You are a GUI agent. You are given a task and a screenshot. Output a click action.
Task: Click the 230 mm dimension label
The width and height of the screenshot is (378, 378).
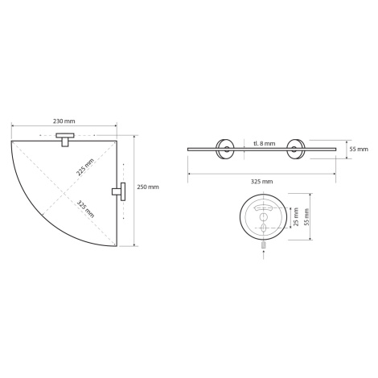(64, 121)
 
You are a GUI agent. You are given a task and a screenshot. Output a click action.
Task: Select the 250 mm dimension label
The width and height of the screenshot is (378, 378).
(148, 187)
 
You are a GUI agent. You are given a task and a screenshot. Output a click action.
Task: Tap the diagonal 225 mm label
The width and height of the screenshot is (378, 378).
(85, 167)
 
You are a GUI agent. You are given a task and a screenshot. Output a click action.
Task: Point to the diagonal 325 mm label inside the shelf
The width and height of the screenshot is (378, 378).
(86, 208)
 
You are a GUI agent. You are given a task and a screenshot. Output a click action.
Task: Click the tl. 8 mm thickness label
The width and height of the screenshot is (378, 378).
(264, 143)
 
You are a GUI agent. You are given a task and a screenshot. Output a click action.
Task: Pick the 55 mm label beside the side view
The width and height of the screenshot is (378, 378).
(359, 149)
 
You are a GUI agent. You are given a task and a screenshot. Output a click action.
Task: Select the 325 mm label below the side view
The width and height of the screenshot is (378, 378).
(261, 182)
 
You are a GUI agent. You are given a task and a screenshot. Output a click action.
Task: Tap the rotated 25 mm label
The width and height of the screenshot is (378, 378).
(296, 216)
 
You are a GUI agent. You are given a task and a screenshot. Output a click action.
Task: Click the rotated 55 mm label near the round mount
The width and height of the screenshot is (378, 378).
(306, 216)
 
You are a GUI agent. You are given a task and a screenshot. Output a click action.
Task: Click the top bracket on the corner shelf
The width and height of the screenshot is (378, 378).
(65, 139)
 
